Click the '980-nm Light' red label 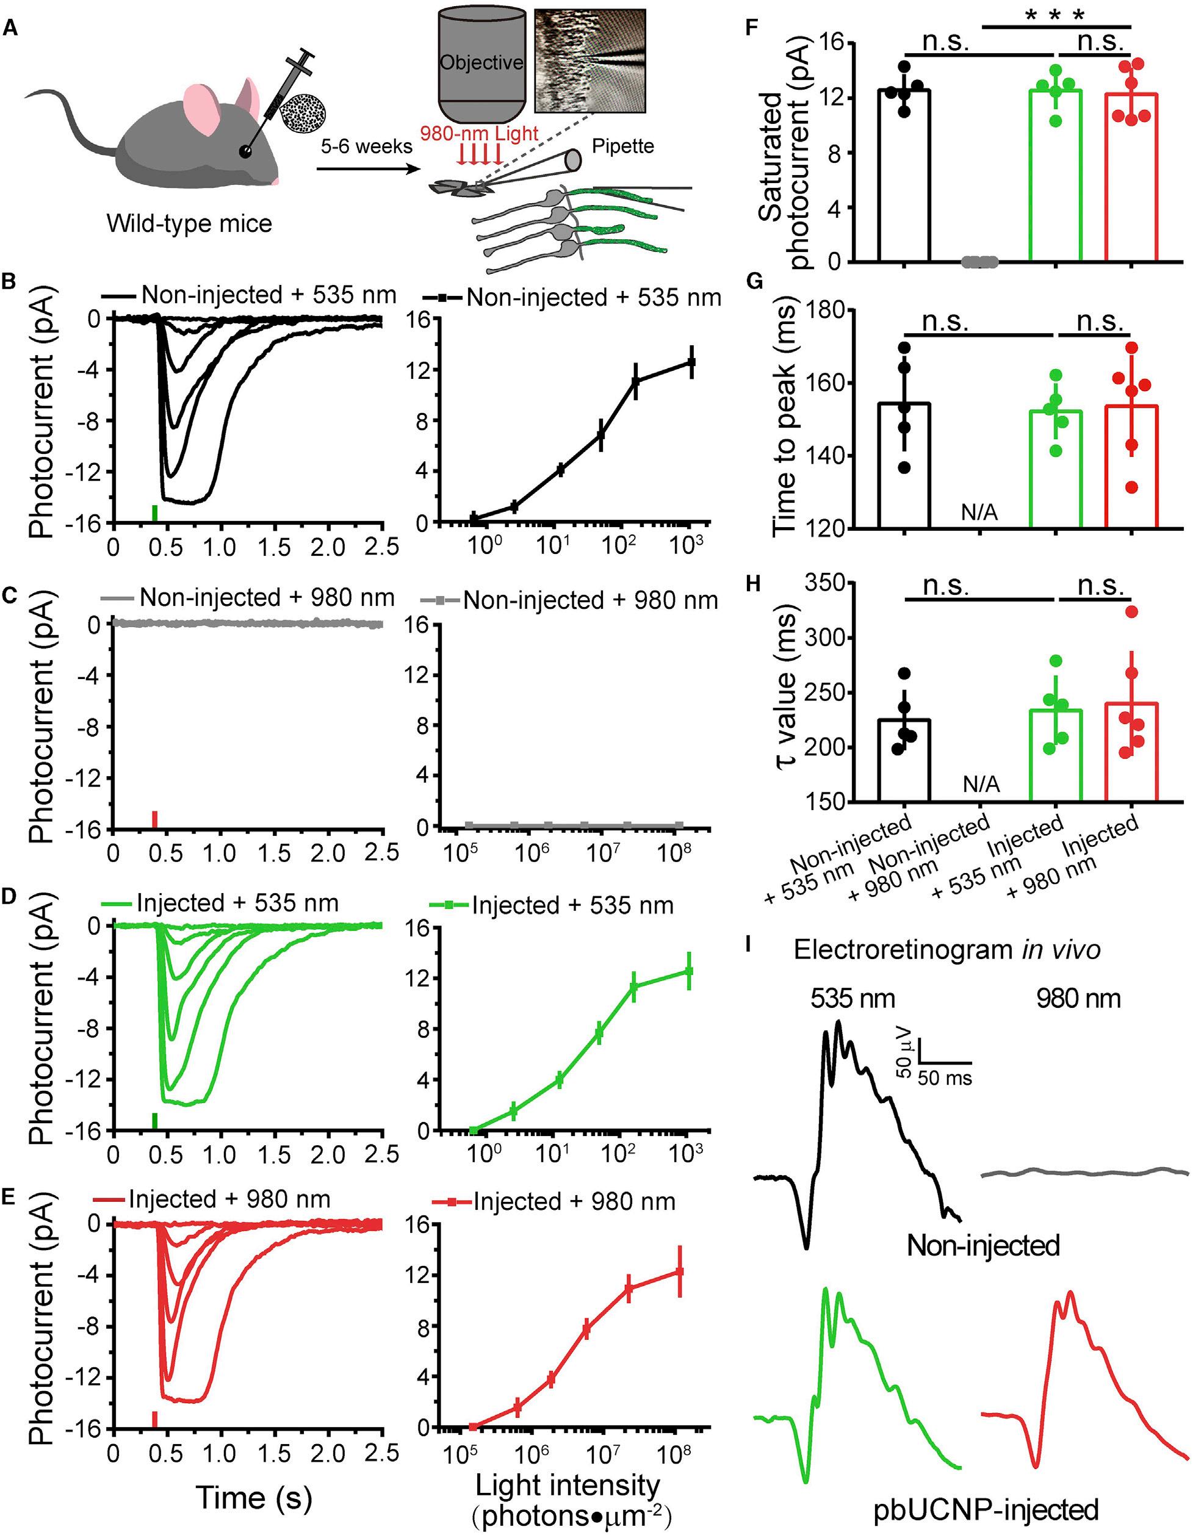click(x=479, y=133)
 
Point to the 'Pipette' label click(x=622, y=146)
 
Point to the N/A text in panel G click(x=980, y=514)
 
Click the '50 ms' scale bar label click(x=944, y=1077)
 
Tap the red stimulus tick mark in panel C click(x=154, y=819)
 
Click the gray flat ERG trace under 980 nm click(x=1083, y=1173)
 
